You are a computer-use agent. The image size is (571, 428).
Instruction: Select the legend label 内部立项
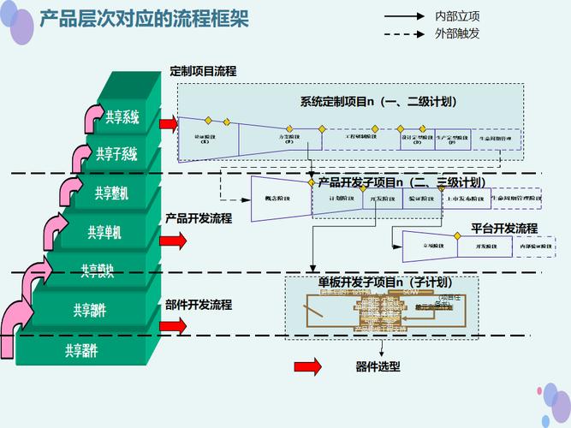click(x=458, y=16)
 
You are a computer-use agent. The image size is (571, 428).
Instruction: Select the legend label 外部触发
click(x=458, y=33)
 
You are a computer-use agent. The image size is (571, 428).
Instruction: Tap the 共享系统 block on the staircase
click(x=122, y=117)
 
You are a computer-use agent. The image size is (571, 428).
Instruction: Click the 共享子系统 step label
click(x=116, y=154)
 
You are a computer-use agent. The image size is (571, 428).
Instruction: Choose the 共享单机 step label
click(x=104, y=232)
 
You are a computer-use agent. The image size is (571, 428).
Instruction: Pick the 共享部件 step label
click(x=90, y=310)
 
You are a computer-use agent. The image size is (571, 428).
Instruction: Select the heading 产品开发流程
click(x=199, y=218)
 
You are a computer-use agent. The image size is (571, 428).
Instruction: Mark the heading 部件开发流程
click(x=199, y=304)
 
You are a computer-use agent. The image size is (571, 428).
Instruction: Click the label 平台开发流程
click(x=504, y=229)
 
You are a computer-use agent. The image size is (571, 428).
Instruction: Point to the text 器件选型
click(x=378, y=366)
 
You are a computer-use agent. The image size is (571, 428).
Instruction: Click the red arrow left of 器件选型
click(x=307, y=366)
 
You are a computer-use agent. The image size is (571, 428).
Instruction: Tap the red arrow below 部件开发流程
click(x=172, y=326)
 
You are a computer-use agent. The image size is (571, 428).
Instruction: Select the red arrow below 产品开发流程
click(x=172, y=241)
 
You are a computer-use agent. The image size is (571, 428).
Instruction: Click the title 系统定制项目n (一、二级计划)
click(x=378, y=101)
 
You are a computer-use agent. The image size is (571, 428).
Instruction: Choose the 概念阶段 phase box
click(x=276, y=199)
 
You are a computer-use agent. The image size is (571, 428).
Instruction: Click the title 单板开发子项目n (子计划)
click(x=385, y=282)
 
